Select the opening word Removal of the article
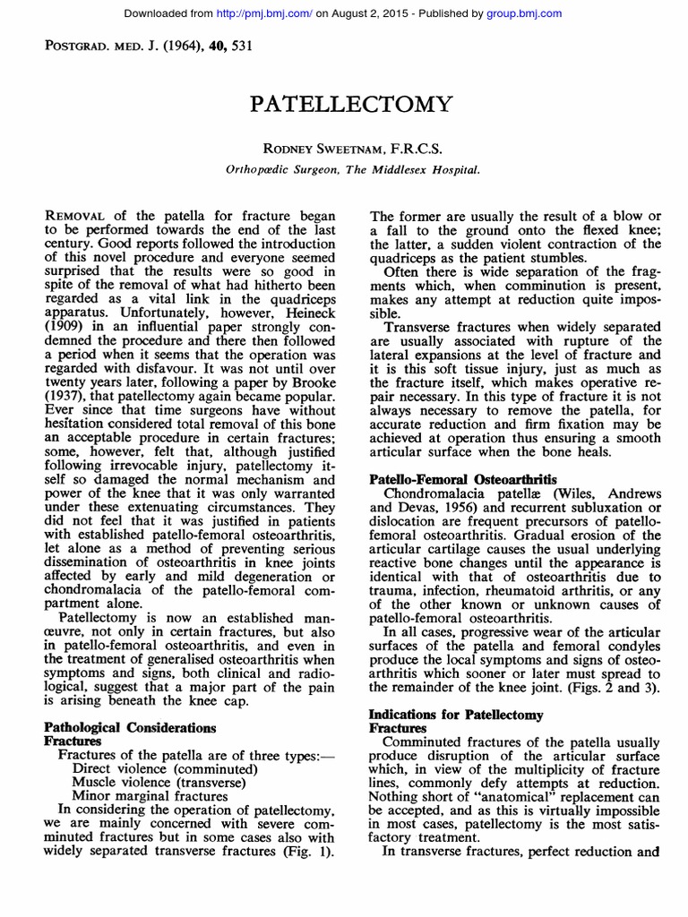coord(76,217)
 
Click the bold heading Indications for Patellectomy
coord(457,716)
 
